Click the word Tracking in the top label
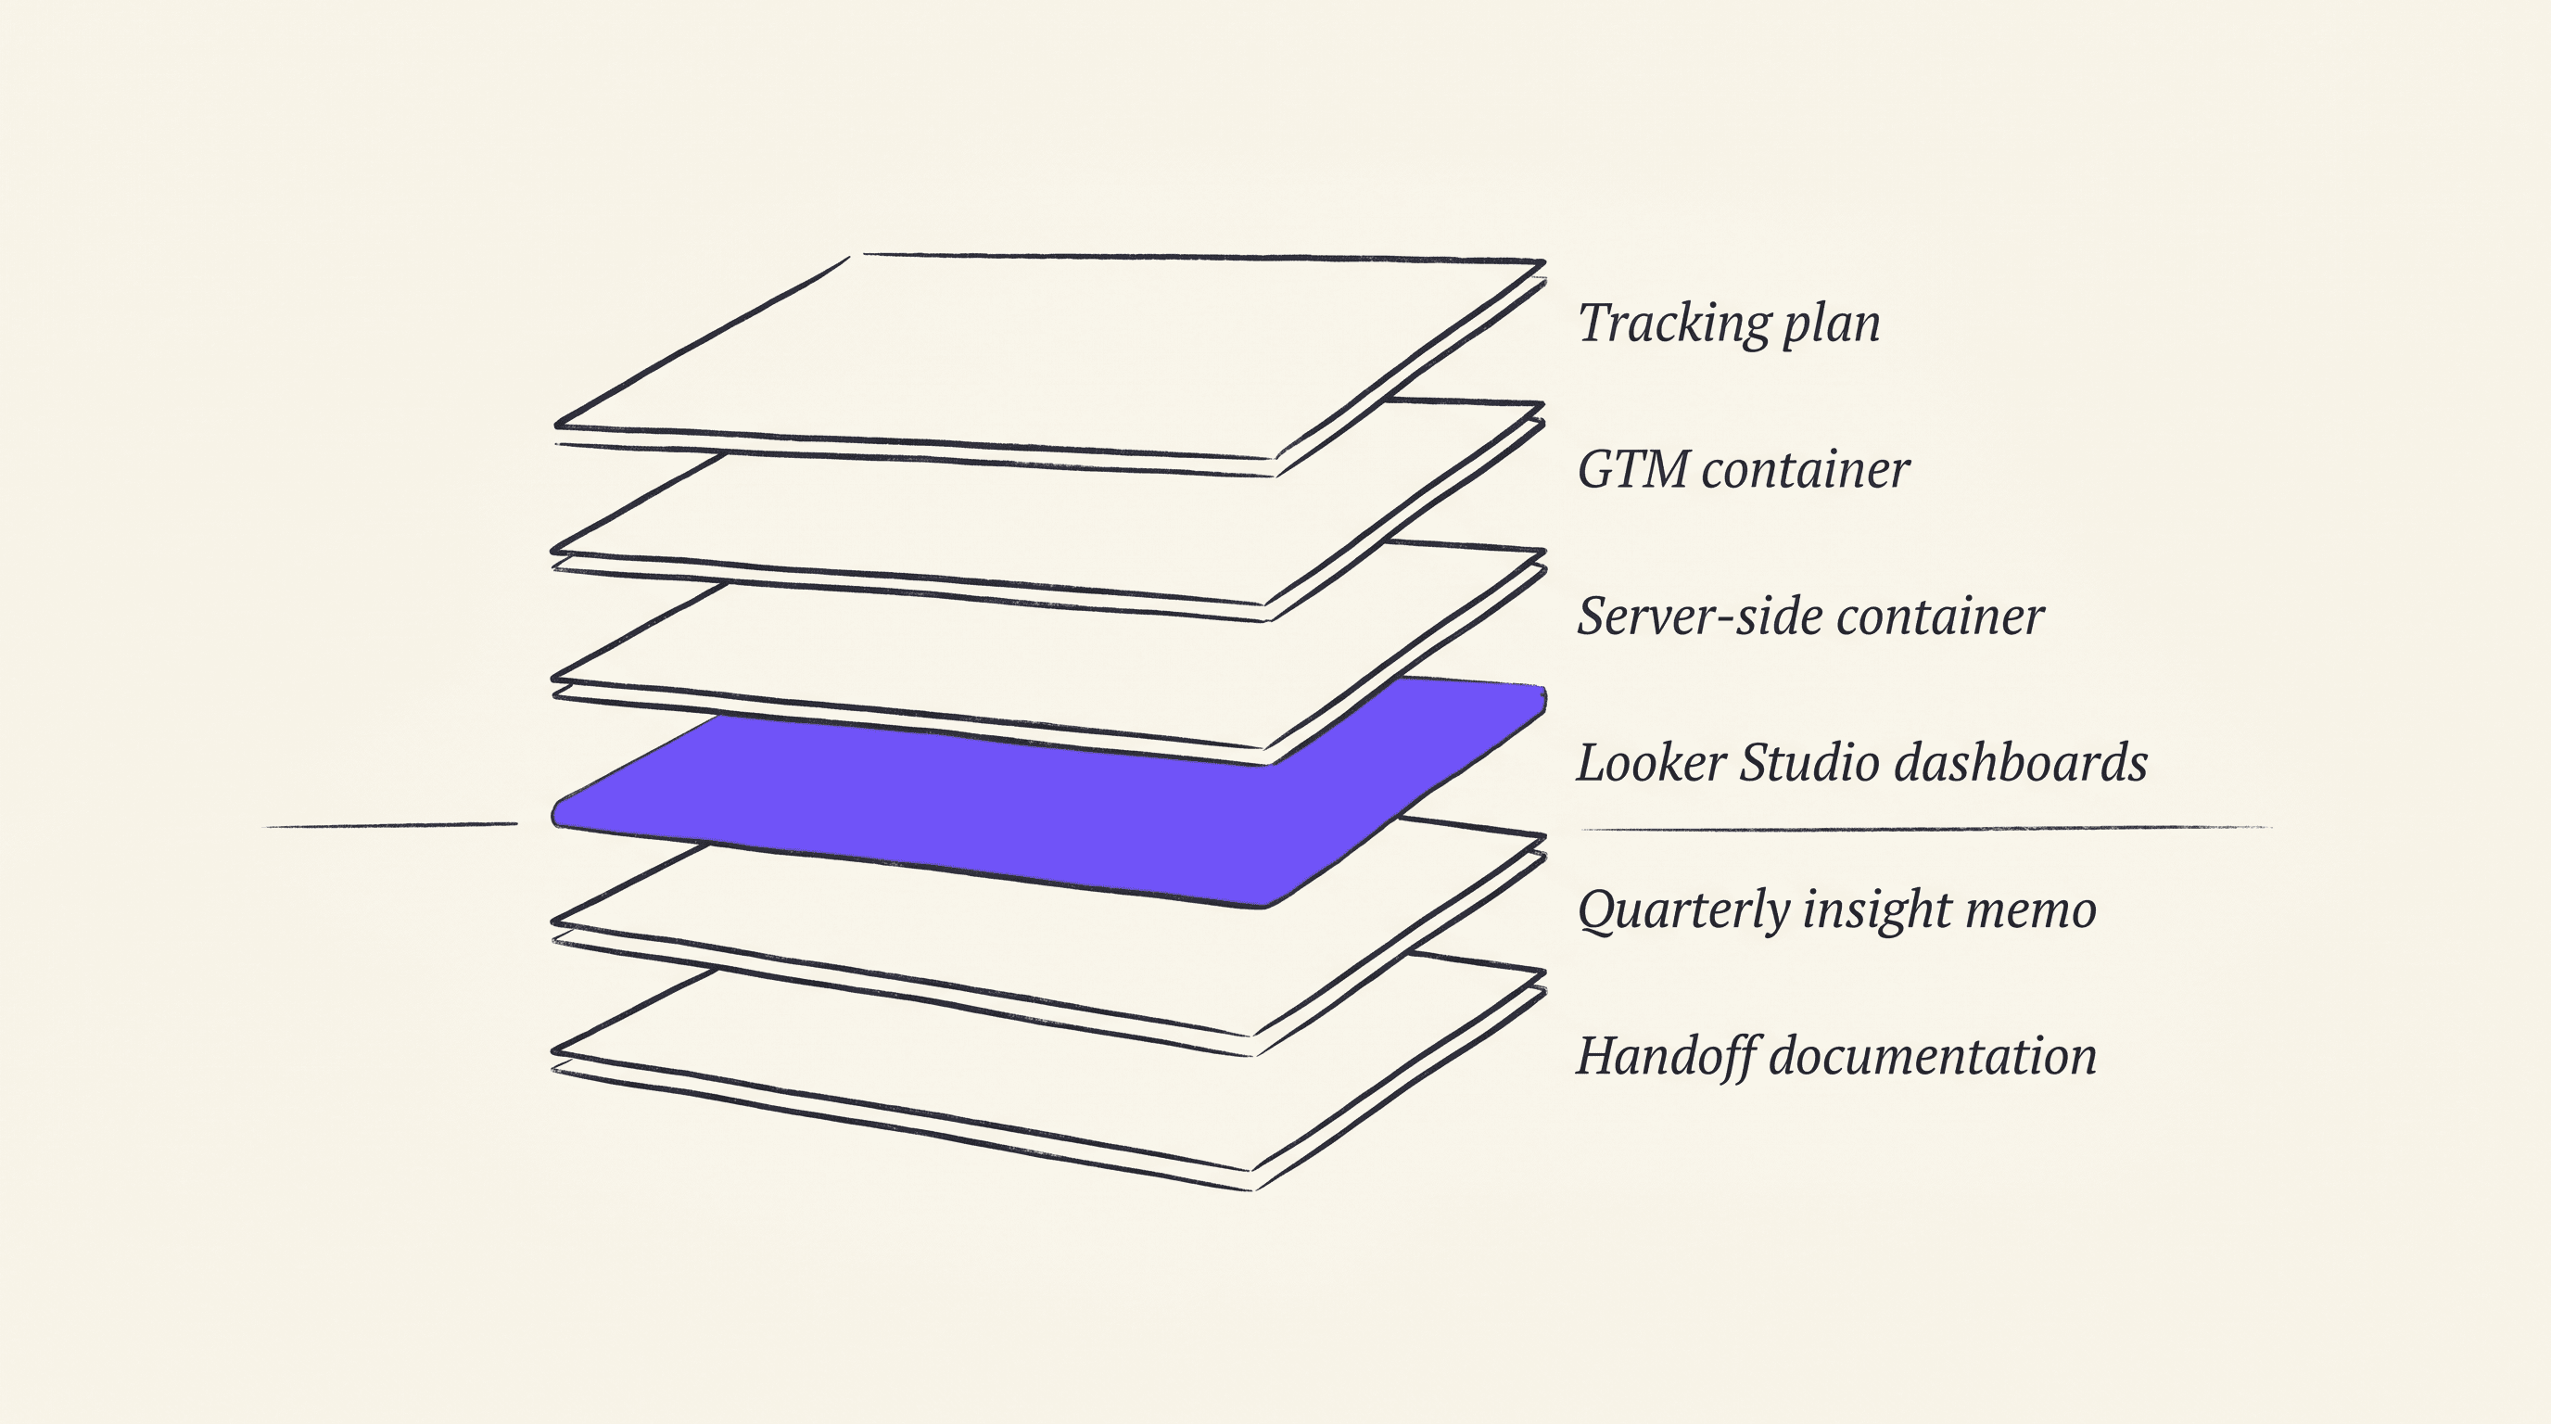pyautogui.click(x=1673, y=324)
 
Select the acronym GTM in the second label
pyautogui.click(x=1632, y=469)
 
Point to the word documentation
pyautogui.click(x=1933, y=1056)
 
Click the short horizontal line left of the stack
pyautogui.click(x=391, y=825)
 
